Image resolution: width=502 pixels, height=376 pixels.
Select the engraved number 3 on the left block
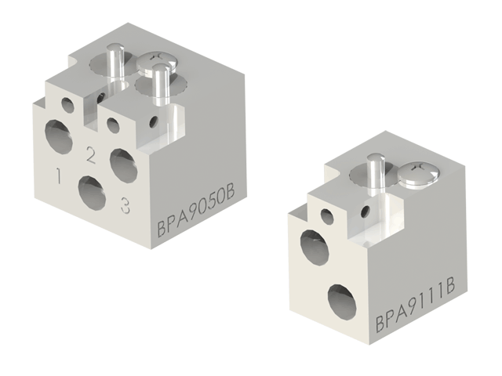pos(124,205)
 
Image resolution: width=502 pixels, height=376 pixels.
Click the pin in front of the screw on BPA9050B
pos(162,86)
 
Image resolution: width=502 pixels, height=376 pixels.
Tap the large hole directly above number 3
pos(122,161)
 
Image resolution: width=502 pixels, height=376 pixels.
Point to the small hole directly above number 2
pos(113,124)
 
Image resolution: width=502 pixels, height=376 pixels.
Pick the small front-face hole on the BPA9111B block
pos(326,215)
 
